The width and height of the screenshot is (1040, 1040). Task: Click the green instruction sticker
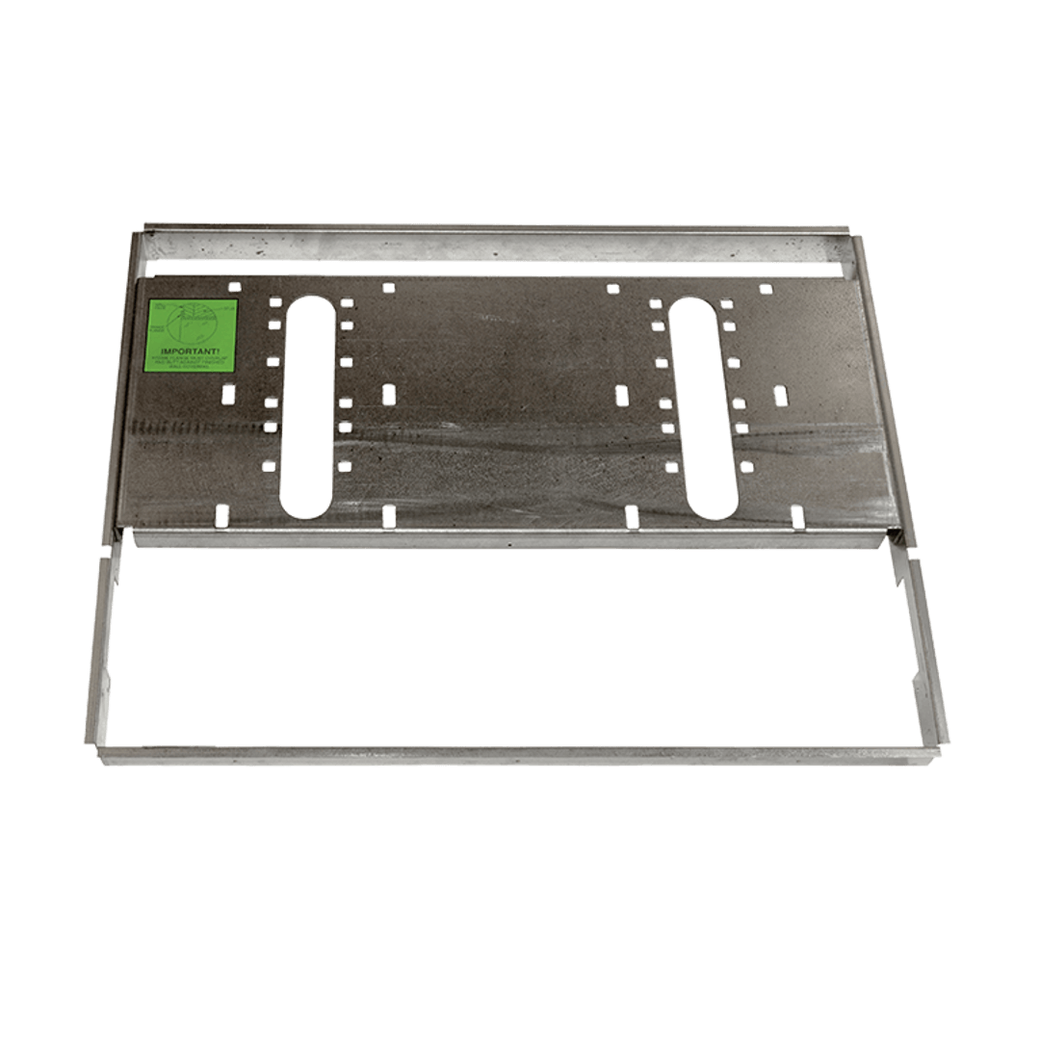pyautogui.click(x=190, y=336)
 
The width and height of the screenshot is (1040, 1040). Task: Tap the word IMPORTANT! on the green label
pyautogui.click(x=190, y=352)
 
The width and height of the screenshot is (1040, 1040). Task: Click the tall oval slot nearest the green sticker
pyautogui.click(x=306, y=406)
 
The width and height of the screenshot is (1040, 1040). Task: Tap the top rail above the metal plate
pyautogui.click(x=496, y=243)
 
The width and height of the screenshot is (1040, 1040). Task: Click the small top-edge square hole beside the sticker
pyautogui.click(x=233, y=286)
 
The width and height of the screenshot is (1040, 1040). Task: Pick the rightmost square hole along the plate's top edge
pyautogui.click(x=766, y=288)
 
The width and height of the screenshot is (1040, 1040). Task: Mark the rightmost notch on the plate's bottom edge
pyautogui.click(x=797, y=517)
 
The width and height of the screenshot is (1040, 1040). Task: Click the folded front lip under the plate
pyautogui.click(x=510, y=539)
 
